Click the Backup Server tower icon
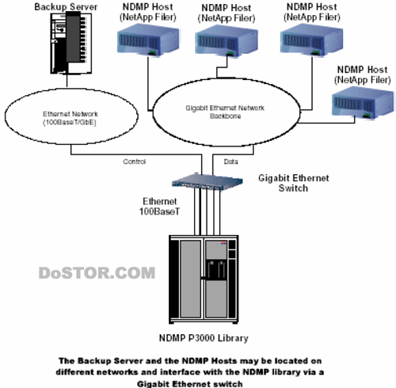coord(71,44)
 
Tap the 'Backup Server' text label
coord(66,6)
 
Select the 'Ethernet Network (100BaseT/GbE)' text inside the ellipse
coord(70,118)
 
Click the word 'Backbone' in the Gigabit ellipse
coord(225,116)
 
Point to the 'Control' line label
coord(134,162)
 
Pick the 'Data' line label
coord(230,162)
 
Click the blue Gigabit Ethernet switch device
coord(208,181)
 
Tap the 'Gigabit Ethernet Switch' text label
coord(294,183)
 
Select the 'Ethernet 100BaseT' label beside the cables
coord(159,206)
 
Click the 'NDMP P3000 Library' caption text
coord(204,338)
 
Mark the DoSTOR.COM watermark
coord(97,272)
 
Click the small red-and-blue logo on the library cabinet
coord(223,242)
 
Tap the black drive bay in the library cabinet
coord(216,269)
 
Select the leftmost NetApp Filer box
coord(148,40)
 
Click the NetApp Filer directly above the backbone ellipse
coord(227,41)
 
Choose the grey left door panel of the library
coord(190,279)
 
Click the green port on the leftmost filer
coord(152,52)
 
